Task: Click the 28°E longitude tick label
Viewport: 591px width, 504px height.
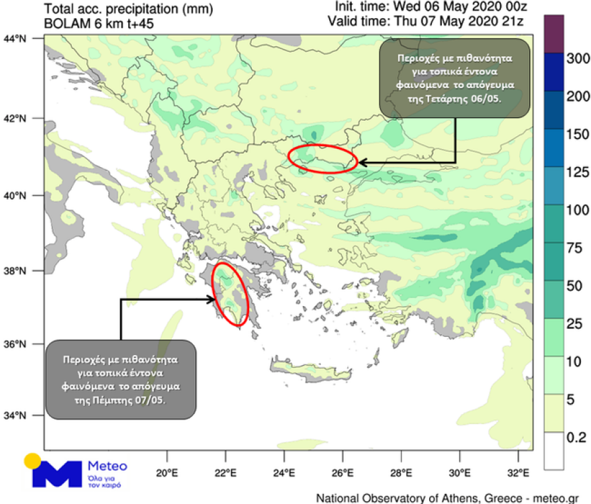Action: pos(402,470)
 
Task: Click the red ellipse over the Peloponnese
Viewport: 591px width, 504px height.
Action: pos(230,295)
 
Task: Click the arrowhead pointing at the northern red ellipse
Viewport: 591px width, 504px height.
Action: pos(361,162)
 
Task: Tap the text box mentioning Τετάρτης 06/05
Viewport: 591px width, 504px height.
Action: pos(454,77)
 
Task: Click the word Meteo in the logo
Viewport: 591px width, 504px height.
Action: pos(107,465)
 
